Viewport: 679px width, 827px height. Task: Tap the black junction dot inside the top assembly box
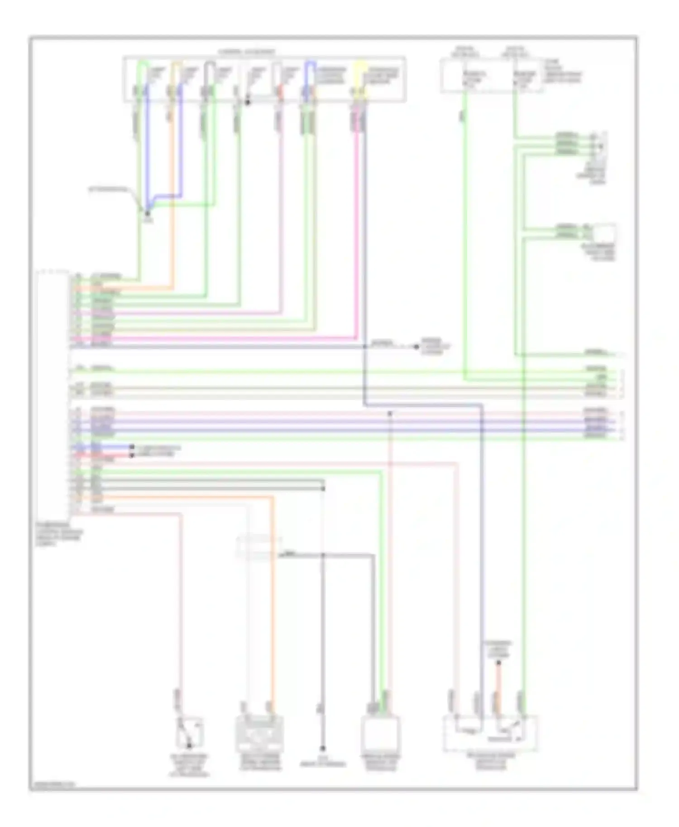247,103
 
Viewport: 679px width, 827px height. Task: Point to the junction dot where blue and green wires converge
147,213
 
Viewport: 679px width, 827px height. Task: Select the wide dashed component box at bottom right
491,733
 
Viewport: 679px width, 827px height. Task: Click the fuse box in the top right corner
492,76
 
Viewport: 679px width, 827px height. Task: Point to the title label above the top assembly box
246,52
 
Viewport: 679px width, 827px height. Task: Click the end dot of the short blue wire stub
132,447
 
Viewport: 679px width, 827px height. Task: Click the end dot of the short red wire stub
132,455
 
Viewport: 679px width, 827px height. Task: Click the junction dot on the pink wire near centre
390,413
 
